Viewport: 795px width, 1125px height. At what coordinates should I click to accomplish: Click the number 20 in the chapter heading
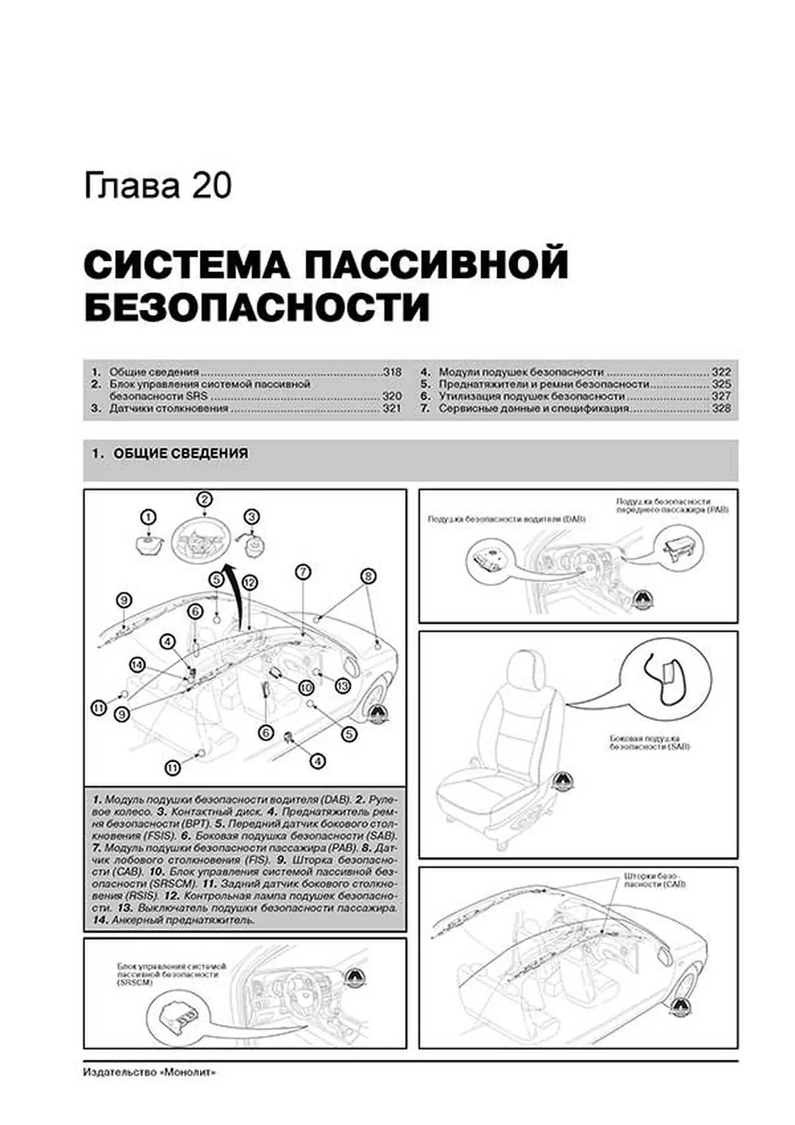click(212, 186)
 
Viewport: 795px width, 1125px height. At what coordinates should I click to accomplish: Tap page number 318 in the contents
click(391, 372)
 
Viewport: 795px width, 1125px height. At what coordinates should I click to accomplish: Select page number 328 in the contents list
click(722, 408)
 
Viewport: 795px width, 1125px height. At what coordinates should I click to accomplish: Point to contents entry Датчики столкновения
click(168, 408)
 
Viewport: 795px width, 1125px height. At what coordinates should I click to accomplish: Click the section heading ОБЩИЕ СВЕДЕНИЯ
click(181, 453)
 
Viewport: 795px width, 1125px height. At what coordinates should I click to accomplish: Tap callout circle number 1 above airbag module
click(148, 517)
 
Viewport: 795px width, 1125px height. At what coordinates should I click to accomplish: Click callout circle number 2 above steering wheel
click(205, 499)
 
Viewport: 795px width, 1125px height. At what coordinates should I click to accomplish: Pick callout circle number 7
click(303, 573)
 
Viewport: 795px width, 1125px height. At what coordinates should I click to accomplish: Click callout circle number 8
click(368, 576)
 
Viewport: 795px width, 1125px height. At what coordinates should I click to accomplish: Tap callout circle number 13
click(342, 686)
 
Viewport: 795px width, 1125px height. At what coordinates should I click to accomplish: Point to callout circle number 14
click(138, 664)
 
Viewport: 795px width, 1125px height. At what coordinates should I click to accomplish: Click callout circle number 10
click(306, 688)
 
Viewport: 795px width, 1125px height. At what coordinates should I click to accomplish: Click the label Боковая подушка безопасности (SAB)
click(649, 743)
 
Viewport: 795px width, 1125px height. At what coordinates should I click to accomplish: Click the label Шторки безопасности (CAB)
click(654, 880)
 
